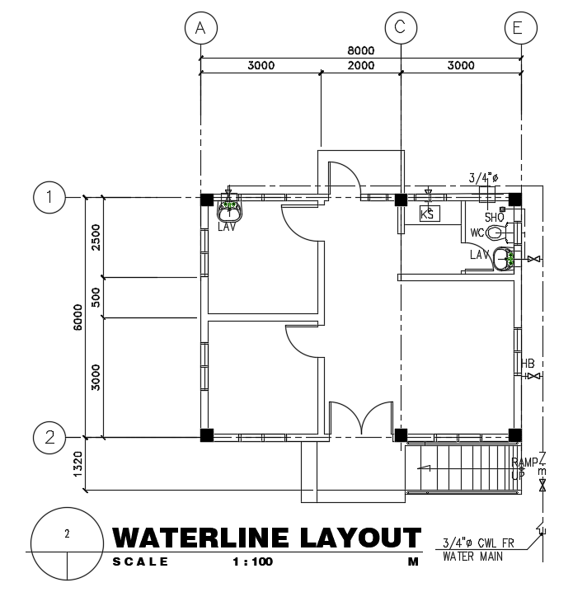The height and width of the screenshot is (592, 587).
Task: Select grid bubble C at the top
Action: point(400,28)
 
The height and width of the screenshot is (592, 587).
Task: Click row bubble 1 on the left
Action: point(50,198)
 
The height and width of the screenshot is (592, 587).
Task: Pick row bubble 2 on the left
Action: point(50,435)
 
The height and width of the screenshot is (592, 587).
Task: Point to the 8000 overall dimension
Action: point(360,50)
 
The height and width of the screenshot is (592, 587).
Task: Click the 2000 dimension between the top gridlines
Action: point(360,66)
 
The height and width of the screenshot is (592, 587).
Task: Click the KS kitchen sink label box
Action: point(429,214)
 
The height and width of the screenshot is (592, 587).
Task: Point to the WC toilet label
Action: point(477,233)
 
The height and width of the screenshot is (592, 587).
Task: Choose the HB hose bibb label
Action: point(528,364)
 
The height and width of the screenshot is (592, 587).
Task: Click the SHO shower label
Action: point(494,217)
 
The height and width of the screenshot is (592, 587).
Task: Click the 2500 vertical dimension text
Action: point(96,237)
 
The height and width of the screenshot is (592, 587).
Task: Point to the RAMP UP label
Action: point(524,468)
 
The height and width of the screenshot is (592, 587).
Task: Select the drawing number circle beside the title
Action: point(67,543)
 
